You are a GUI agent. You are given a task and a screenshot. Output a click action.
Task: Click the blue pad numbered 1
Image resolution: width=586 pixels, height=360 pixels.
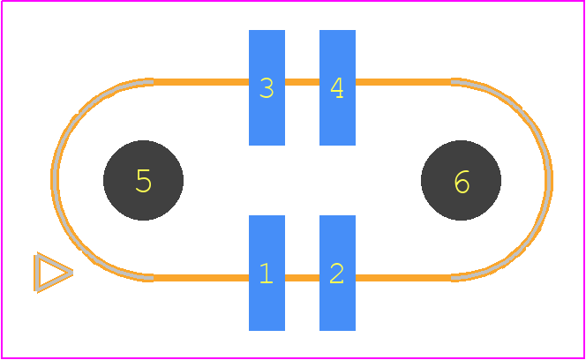(x=267, y=273)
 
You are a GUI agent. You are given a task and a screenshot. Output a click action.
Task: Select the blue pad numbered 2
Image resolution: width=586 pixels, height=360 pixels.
(x=337, y=273)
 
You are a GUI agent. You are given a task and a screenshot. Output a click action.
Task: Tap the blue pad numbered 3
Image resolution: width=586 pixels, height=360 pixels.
(x=267, y=87)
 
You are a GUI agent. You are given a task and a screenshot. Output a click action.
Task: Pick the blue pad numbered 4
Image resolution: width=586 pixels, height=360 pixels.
(x=337, y=87)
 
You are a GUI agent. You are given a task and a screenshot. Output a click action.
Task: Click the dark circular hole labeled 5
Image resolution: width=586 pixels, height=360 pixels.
(x=143, y=180)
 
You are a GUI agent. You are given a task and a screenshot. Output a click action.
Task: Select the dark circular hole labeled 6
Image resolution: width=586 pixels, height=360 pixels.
(x=461, y=180)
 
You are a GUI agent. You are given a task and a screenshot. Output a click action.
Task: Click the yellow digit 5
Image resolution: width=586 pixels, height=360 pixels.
(x=144, y=181)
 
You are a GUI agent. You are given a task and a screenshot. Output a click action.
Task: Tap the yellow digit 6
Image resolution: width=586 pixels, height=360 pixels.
(x=462, y=182)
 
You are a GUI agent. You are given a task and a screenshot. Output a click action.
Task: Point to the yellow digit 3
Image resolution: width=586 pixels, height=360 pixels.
(x=267, y=88)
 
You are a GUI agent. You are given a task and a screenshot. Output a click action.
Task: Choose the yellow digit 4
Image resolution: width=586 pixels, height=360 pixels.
(x=337, y=88)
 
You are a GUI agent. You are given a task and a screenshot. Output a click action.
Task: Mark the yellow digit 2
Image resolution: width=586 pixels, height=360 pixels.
(x=337, y=274)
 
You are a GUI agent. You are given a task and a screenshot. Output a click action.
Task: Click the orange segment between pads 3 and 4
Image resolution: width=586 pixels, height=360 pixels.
(x=303, y=82)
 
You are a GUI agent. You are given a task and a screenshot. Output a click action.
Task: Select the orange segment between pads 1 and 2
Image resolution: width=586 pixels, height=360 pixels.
(x=303, y=278)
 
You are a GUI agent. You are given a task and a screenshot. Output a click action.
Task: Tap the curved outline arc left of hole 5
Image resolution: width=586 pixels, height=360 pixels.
(x=55, y=180)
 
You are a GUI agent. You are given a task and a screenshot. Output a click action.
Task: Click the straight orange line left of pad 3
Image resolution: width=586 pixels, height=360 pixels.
(x=201, y=82)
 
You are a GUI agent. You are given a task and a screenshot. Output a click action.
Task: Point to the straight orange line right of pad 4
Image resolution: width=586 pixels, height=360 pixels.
(x=403, y=82)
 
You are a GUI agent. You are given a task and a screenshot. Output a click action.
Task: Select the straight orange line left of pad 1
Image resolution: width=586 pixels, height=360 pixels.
(x=201, y=278)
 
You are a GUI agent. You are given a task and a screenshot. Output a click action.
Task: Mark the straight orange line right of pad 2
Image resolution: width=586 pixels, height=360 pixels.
(x=403, y=278)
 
